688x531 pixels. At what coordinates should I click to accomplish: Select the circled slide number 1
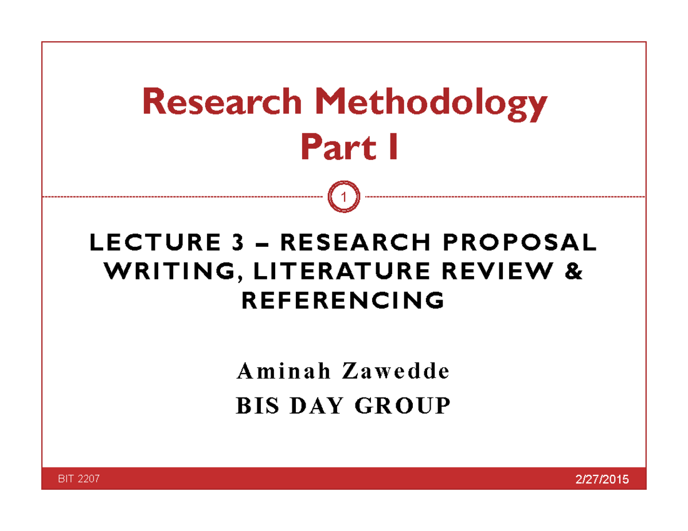(344, 198)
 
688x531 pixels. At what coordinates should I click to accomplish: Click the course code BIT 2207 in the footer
(75, 479)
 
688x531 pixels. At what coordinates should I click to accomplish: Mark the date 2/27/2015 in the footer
(601, 479)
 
